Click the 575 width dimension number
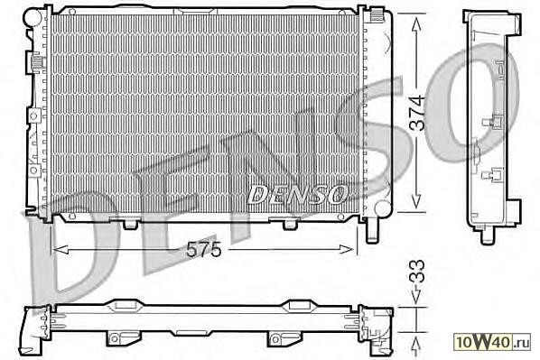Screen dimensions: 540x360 point(203,250)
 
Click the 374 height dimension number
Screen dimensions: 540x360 point(417,113)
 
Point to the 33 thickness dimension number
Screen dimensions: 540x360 point(417,271)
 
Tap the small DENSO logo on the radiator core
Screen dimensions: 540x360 point(298,195)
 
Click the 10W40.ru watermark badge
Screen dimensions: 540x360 point(492,342)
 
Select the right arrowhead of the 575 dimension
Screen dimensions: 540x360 point(346,249)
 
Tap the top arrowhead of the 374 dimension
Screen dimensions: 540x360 point(416,24)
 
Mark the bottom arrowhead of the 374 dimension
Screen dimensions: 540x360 point(416,200)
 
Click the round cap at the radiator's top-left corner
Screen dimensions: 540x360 point(33,16)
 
